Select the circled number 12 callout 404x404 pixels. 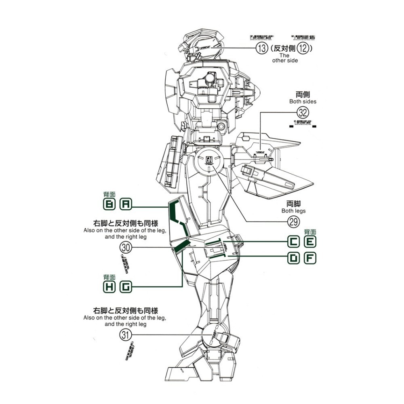pos(303,49)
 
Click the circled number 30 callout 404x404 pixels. pos(126,247)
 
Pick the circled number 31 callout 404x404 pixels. pos(126,335)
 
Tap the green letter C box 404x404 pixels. pos(294,242)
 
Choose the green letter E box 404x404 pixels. pos(310,242)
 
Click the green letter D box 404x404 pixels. pos(294,258)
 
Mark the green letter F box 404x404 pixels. pos(310,258)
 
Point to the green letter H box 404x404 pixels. pos(109,287)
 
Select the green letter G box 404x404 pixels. pos(126,287)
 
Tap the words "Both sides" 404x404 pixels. pos(303,101)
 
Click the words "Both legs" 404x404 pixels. pos(294,211)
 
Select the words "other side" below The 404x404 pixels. pos(285,60)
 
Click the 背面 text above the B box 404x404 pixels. pos(109,195)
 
